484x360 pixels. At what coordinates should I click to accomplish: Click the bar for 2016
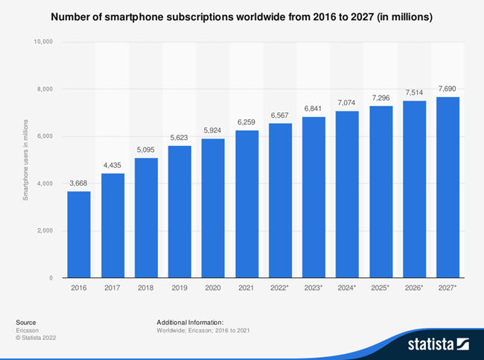tap(78, 234)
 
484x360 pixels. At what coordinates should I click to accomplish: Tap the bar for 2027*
tap(447, 187)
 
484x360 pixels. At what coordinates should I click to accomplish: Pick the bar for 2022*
tap(279, 200)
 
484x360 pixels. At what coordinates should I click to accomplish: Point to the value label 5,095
tap(145, 151)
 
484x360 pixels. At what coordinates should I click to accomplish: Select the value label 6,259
tap(246, 123)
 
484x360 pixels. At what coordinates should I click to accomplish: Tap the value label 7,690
tap(447, 89)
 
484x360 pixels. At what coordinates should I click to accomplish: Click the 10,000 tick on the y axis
tap(42, 42)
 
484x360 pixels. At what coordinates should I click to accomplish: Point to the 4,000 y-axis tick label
tap(44, 183)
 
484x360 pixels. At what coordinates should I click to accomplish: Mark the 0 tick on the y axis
tap(50, 278)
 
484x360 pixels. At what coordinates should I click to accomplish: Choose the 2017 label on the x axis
tap(112, 287)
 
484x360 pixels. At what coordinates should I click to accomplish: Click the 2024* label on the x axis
tap(347, 287)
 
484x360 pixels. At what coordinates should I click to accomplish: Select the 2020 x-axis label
tap(212, 287)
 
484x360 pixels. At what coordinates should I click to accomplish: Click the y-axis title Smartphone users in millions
tap(25, 160)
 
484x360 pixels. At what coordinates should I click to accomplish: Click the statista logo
tap(437, 344)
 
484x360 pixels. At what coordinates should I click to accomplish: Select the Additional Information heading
tap(190, 321)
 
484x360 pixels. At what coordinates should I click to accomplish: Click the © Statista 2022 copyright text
tap(36, 338)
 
